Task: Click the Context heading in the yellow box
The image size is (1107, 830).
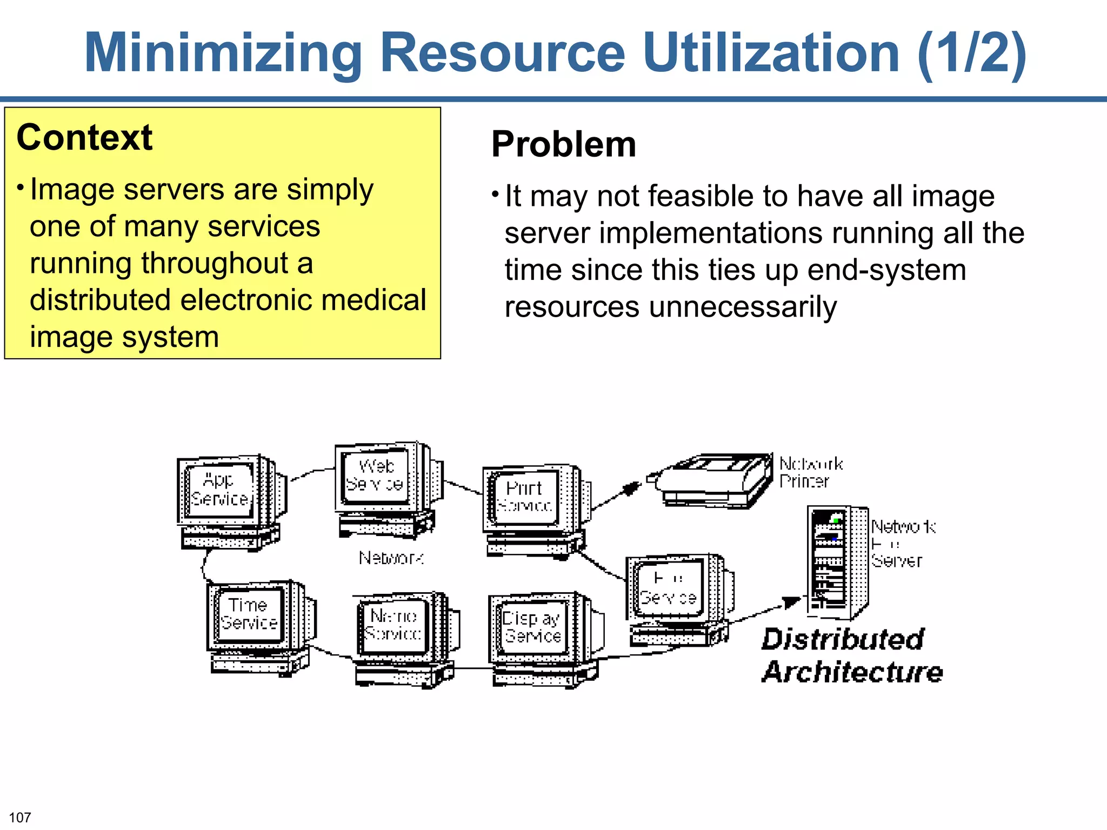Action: (x=84, y=137)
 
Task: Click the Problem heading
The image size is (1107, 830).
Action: (x=563, y=144)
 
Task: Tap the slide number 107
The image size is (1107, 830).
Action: (x=20, y=818)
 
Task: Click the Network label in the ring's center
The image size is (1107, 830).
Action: (x=391, y=558)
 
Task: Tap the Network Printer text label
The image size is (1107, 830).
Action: (x=810, y=472)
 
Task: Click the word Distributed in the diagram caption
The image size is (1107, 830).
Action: (x=843, y=639)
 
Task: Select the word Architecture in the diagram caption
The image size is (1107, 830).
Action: (x=852, y=672)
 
